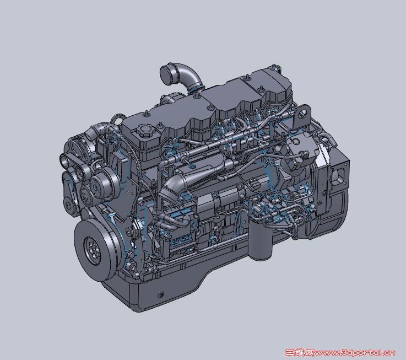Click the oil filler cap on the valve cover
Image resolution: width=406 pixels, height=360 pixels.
tap(146, 130)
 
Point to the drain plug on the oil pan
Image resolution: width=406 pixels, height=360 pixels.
tap(160, 294)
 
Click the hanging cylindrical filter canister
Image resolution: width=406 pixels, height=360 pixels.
tap(259, 239)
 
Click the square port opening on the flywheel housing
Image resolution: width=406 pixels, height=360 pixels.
tap(338, 176)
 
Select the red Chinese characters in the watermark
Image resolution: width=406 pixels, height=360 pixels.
tap(300, 352)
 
